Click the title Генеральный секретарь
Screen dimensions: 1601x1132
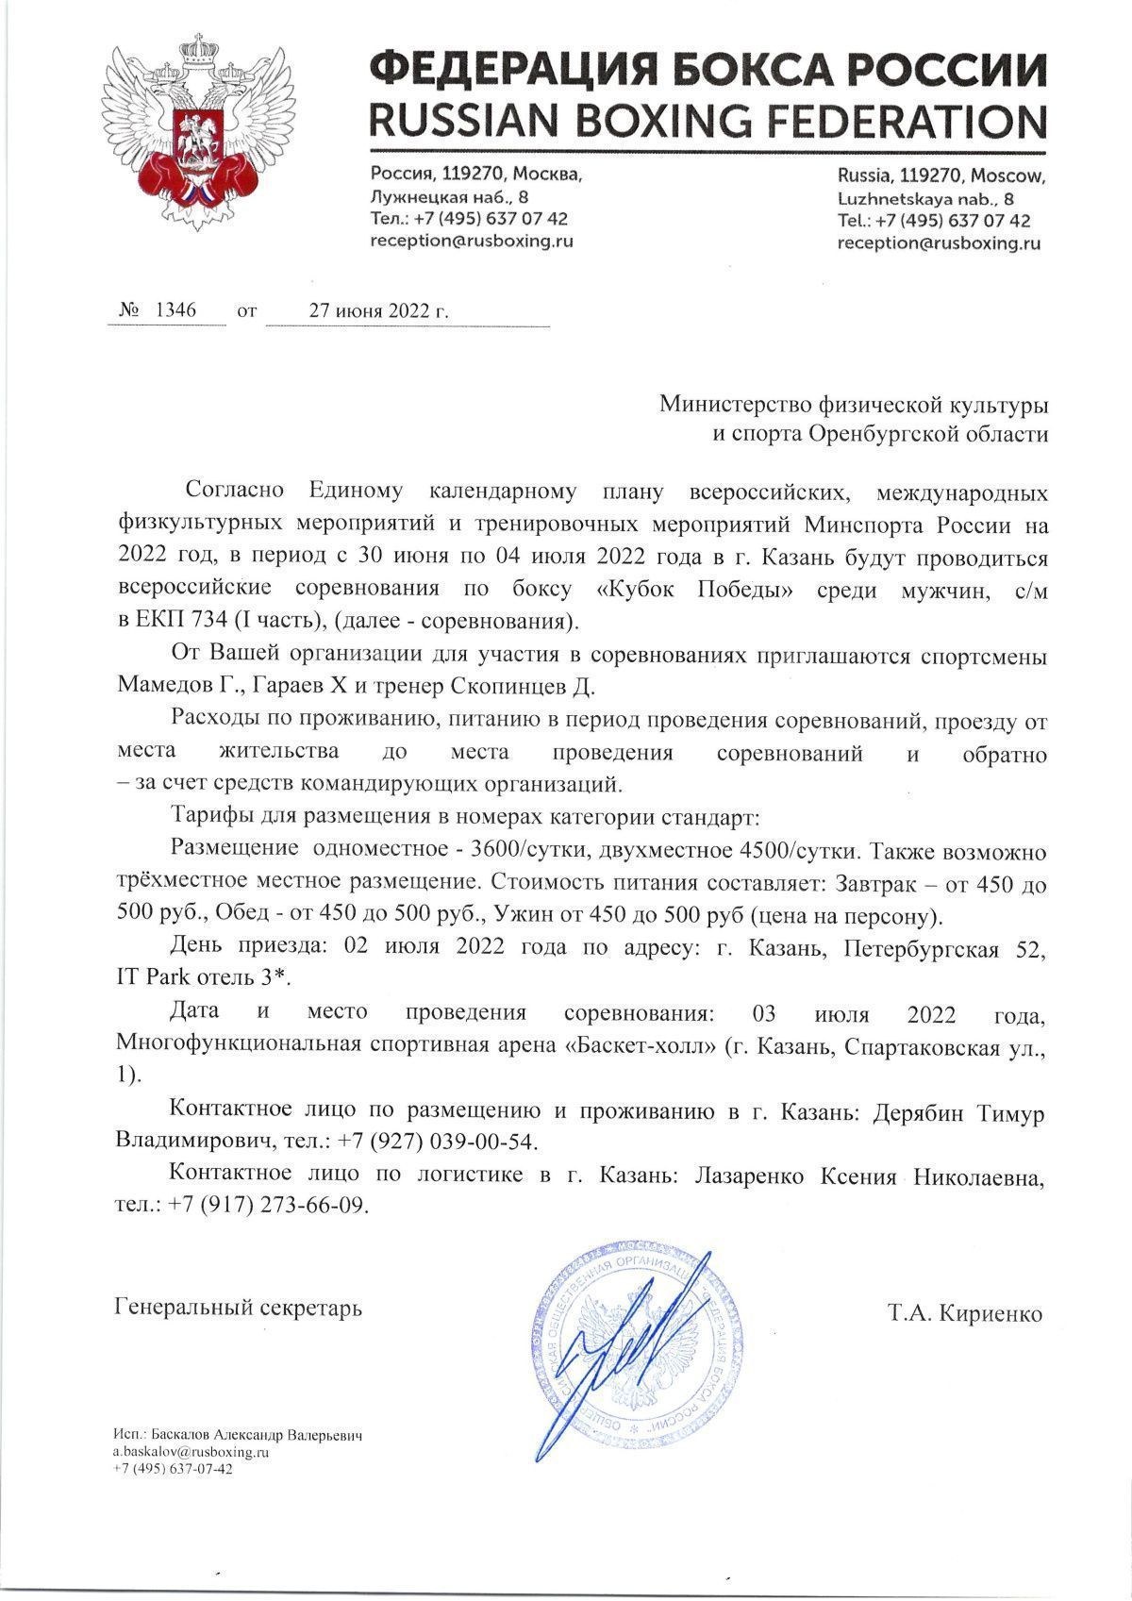(x=237, y=1309)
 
